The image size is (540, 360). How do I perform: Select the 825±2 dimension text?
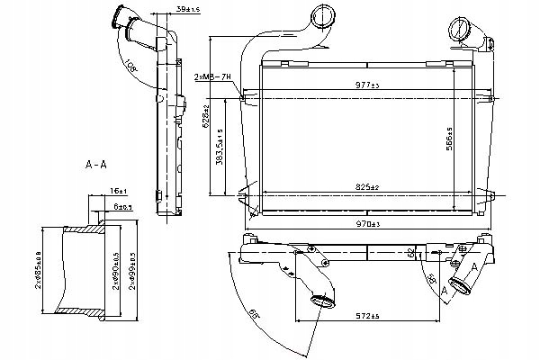(368, 186)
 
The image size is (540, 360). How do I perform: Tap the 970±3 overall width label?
(370, 223)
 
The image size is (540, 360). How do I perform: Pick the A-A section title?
(97, 166)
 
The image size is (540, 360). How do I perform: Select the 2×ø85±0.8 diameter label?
(34, 269)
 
